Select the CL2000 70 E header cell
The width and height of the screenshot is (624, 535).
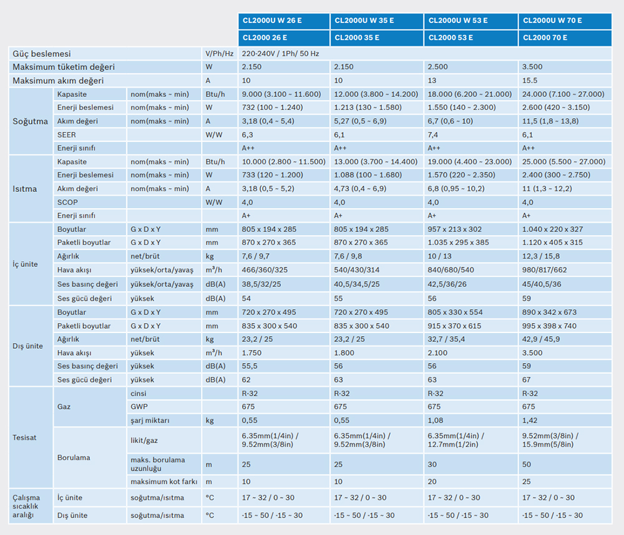[x=545, y=37]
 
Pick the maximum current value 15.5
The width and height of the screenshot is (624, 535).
[x=530, y=81]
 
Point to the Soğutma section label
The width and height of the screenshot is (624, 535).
[x=31, y=121]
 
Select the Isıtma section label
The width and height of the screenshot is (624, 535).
[x=25, y=189]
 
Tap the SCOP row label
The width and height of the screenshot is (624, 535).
[x=67, y=202]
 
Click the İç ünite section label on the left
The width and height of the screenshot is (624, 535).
[x=26, y=264]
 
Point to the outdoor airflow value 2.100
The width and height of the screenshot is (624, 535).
[x=437, y=352]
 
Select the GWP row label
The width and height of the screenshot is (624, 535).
[x=139, y=407]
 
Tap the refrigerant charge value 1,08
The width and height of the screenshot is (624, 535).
[x=435, y=421]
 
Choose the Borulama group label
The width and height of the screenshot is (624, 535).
[x=74, y=457]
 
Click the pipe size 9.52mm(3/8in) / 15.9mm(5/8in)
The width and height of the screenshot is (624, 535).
[x=550, y=440]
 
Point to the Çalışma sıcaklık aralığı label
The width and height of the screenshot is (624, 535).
[x=27, y=506]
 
